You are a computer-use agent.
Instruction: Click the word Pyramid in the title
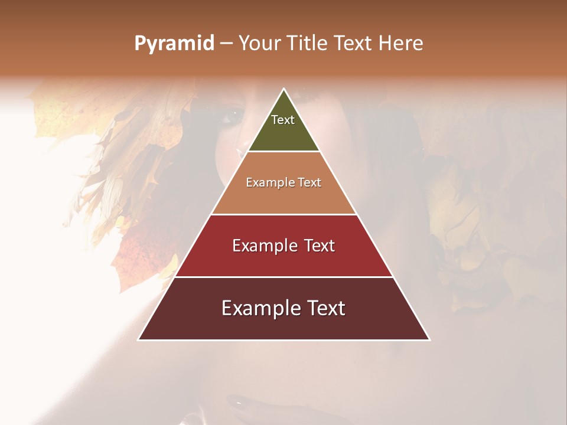point(174,44)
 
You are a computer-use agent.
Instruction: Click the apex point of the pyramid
point(283,89)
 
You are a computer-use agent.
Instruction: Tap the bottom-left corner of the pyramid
point(139,339)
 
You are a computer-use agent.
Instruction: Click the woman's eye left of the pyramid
point(232,116)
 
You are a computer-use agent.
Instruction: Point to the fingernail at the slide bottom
point(239,404)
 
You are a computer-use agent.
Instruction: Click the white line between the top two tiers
point(283,152)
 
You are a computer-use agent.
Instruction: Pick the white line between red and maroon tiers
point(283,277)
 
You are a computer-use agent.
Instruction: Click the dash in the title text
point(226,44)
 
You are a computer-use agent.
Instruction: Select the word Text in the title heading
point(353,43)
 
